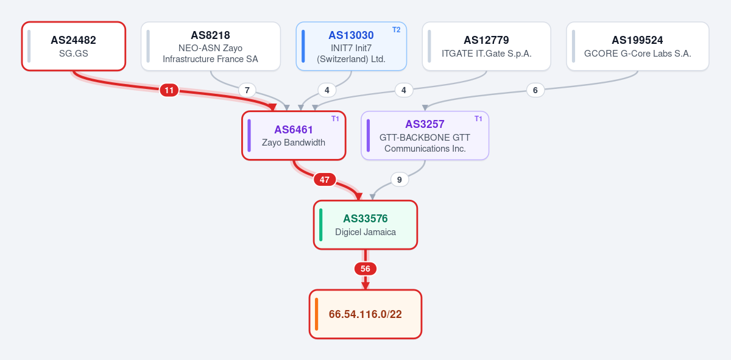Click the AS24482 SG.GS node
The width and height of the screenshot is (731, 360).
[x=74, y=46]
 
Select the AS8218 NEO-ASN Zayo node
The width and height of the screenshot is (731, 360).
[x=211, y=46]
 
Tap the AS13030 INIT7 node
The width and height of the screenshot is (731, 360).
[x=351, y=46]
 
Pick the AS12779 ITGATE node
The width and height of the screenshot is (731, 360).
[x=487, y=46]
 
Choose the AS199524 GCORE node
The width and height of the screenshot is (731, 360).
[x=638, y=46]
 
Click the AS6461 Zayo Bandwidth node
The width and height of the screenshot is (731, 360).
[x=294, y=135]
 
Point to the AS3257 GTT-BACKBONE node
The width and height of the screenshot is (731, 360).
[x=425, y=135]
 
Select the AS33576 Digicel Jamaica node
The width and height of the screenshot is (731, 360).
[x=365, y=225]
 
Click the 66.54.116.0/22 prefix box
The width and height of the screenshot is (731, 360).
[x=365, y=314]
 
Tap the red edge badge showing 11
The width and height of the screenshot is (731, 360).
[x=169, y=90]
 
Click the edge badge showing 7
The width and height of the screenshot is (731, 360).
[x=247, y=90]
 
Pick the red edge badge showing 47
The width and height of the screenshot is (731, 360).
[x=324, y=180]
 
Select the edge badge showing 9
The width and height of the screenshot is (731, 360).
[x=400, y=180]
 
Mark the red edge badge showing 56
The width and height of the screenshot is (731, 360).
[x=365, y=269]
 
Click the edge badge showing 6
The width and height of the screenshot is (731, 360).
[x=535, y=90]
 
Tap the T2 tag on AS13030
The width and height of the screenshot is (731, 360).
[x=396, y=30]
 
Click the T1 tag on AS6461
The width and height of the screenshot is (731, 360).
[x=335, y=119]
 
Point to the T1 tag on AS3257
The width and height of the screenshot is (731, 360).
[x=478, y=119]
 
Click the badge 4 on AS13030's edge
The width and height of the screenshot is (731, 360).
[x=327, y=90]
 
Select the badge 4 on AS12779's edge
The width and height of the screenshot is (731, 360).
[x=404, y=90]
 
